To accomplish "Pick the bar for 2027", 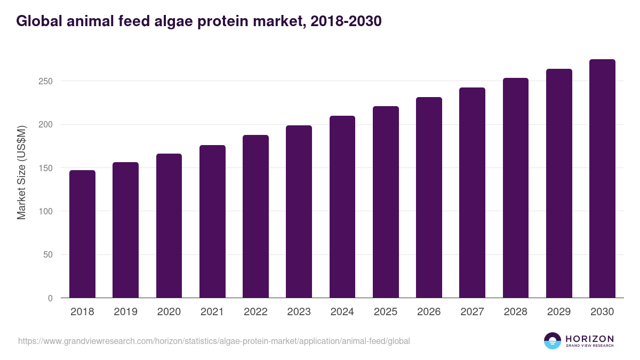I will coord(472,193).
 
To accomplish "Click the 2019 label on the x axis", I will coord(125,312).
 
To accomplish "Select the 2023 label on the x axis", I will coord(299,312).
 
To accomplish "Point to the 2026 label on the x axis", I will coord(429,312).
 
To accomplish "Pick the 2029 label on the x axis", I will coord(559,312).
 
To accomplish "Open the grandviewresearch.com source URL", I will coord(214,341).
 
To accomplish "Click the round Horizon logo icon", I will coord(553,341).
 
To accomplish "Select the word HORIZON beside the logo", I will coord(589,338).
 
